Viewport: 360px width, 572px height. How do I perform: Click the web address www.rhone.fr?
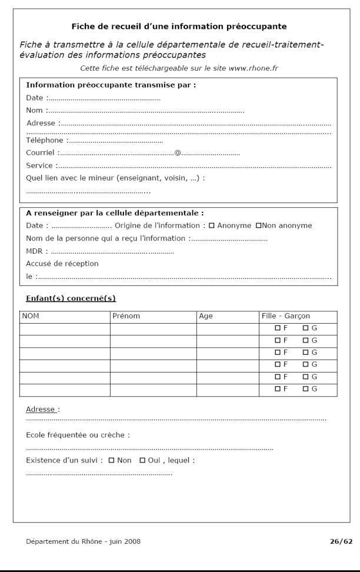(254, 68)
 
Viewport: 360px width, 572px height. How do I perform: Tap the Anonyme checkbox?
(211, 225)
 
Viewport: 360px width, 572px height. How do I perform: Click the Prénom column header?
(126, 316)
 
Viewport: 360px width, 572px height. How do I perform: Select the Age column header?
(206, 316)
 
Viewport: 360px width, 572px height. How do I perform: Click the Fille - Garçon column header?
(285, 316)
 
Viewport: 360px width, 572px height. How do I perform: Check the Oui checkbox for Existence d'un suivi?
(142, 460)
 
